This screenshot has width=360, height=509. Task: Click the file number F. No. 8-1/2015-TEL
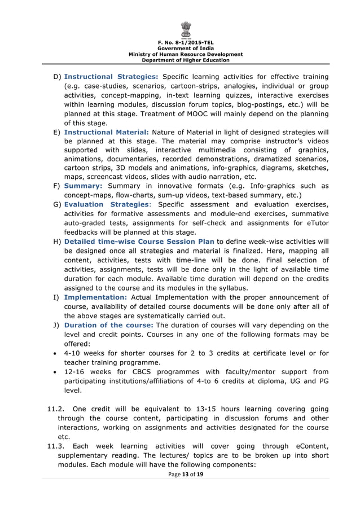[186, 42]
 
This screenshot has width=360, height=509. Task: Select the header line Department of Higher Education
[186, 60]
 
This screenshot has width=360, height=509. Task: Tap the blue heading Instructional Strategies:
[111, 77]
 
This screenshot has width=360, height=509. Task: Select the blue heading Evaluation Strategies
[107, 204]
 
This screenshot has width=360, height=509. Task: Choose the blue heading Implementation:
[95, 297]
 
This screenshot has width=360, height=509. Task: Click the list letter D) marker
[57, 77]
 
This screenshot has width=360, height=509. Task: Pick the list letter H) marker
[57, 241]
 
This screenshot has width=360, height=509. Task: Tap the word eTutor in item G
[315, 223]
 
